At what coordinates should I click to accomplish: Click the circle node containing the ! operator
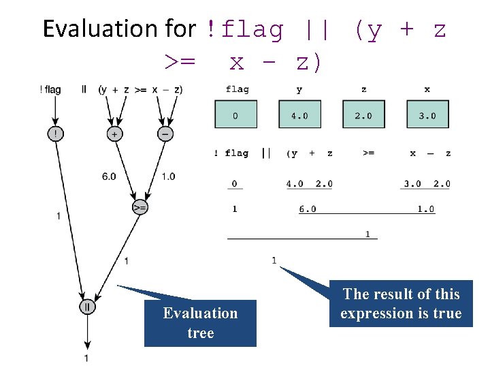point(54,134)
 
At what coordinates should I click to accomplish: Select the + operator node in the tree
point(114,134)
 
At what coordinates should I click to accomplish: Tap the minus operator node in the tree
point(165,134)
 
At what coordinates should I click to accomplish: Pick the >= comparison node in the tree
point(140,206)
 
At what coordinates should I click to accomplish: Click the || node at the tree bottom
point(87,307)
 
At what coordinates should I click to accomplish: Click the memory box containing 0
point(235,114)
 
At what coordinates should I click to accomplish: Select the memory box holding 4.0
point(299,114)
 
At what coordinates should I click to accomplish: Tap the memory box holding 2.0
point(363,114)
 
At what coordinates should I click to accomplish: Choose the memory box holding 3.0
point(427,114)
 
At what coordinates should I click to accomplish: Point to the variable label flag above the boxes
point(237,89)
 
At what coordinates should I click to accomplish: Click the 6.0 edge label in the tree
point(109,177)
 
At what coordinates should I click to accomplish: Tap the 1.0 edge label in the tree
point(167,177)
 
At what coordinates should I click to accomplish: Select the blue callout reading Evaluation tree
point(200,323)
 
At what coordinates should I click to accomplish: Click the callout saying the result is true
point(401,304)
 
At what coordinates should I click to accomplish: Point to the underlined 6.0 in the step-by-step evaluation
point(308,209)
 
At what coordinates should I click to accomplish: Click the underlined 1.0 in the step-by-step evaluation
point(425,209)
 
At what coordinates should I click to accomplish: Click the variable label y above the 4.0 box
point(299,89)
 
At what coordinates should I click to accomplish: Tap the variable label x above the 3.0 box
point(427,89)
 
